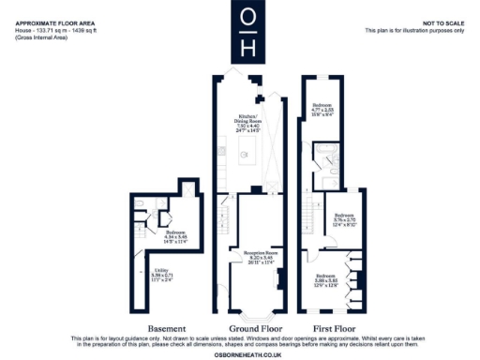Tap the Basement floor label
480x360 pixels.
click(155, 329)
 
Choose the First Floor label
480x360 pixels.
click(335, 329)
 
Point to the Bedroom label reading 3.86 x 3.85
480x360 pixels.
click(325, 278)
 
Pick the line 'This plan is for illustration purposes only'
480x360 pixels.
click(413, 30)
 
